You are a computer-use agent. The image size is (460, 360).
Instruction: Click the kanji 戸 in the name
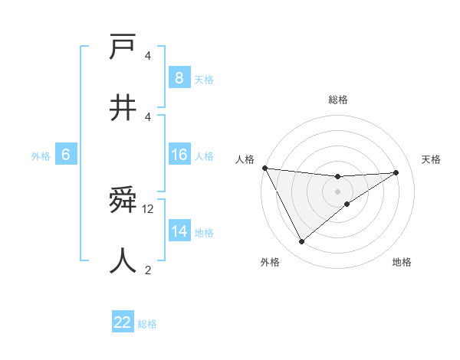click(123, 48)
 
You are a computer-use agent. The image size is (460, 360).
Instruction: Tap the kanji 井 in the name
click(123, 108)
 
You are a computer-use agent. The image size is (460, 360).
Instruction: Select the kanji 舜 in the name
click(123, 201)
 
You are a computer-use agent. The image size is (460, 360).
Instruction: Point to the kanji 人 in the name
click(123, 260)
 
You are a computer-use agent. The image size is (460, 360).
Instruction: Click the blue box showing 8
click(179, 77)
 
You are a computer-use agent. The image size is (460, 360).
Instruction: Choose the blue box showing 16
click(179, 155)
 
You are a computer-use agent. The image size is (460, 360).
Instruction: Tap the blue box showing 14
click(179, 231)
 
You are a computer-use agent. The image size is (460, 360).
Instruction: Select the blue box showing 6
click(66, 155)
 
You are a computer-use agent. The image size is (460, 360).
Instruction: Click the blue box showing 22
click(123, 322)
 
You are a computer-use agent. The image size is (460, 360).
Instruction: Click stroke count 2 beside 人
click(148, 269)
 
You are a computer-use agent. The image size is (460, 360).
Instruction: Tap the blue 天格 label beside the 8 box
click(204, 79)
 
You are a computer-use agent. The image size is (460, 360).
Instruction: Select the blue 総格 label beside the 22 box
click(147, 324)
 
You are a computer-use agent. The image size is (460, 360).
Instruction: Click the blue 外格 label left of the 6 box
click(41, 156)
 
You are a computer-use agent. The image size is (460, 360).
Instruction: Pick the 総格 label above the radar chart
click(338, 100)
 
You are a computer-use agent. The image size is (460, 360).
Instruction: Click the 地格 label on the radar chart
click(402, 262)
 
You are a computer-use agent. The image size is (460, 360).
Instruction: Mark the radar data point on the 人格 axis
click(264, 168)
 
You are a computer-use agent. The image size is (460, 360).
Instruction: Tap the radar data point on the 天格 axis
click(396, 172)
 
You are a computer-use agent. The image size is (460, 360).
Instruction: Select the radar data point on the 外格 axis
click(301, 242)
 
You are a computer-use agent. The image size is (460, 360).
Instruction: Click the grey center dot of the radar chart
click(338, 191)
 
